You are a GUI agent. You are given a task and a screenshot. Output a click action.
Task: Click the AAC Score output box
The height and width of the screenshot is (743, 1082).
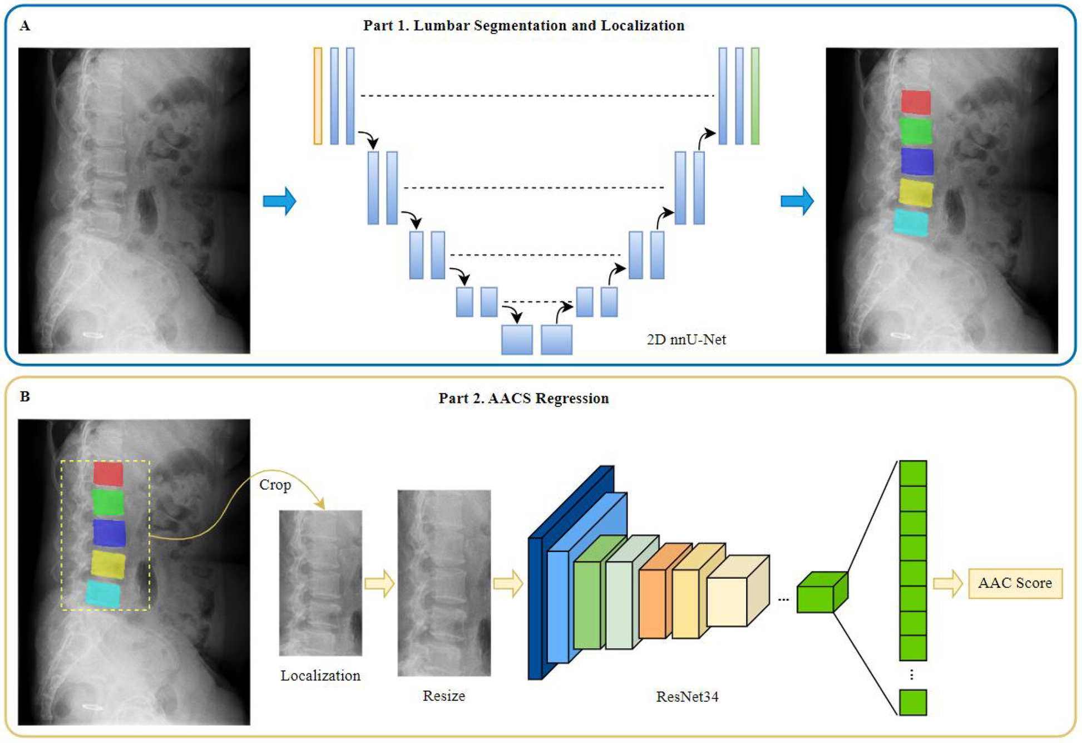point(1015,583)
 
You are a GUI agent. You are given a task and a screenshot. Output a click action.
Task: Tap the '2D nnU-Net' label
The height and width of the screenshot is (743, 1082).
point(686,339)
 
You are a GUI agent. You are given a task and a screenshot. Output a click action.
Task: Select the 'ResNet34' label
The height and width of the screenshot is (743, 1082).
point(687,696)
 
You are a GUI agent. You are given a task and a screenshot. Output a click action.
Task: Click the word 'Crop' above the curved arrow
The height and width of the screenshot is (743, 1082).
point(275,485)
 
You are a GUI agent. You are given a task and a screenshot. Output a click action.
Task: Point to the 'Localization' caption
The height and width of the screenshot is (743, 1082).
point(320,675)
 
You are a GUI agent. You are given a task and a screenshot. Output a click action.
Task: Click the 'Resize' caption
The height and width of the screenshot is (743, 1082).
point(443,695)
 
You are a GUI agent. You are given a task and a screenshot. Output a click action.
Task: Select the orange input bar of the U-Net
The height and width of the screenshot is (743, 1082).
point(318,96)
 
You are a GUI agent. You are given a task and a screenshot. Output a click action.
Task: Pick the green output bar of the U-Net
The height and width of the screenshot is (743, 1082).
point(755,96)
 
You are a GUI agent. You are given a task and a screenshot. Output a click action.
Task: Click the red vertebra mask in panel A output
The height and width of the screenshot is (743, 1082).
point(916,102)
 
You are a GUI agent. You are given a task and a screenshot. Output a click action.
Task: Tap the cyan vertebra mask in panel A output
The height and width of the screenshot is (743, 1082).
point(911,222)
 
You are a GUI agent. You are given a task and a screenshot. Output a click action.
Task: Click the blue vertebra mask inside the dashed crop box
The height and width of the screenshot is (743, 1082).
point(109,532)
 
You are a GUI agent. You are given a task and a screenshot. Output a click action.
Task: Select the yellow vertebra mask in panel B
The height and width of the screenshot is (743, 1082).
point(108,563)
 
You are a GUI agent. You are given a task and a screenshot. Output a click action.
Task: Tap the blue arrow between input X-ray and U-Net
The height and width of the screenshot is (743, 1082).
point(279,201)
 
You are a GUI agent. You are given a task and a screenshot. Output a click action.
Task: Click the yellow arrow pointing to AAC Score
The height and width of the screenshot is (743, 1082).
point(948,583)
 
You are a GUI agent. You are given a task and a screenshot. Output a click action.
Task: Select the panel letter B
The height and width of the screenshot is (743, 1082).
point(24,396)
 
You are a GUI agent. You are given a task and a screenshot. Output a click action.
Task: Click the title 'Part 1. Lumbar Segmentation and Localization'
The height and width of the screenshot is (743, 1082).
point(523,26)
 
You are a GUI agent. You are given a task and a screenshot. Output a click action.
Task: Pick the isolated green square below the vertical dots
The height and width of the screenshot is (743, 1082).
point(912,702)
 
